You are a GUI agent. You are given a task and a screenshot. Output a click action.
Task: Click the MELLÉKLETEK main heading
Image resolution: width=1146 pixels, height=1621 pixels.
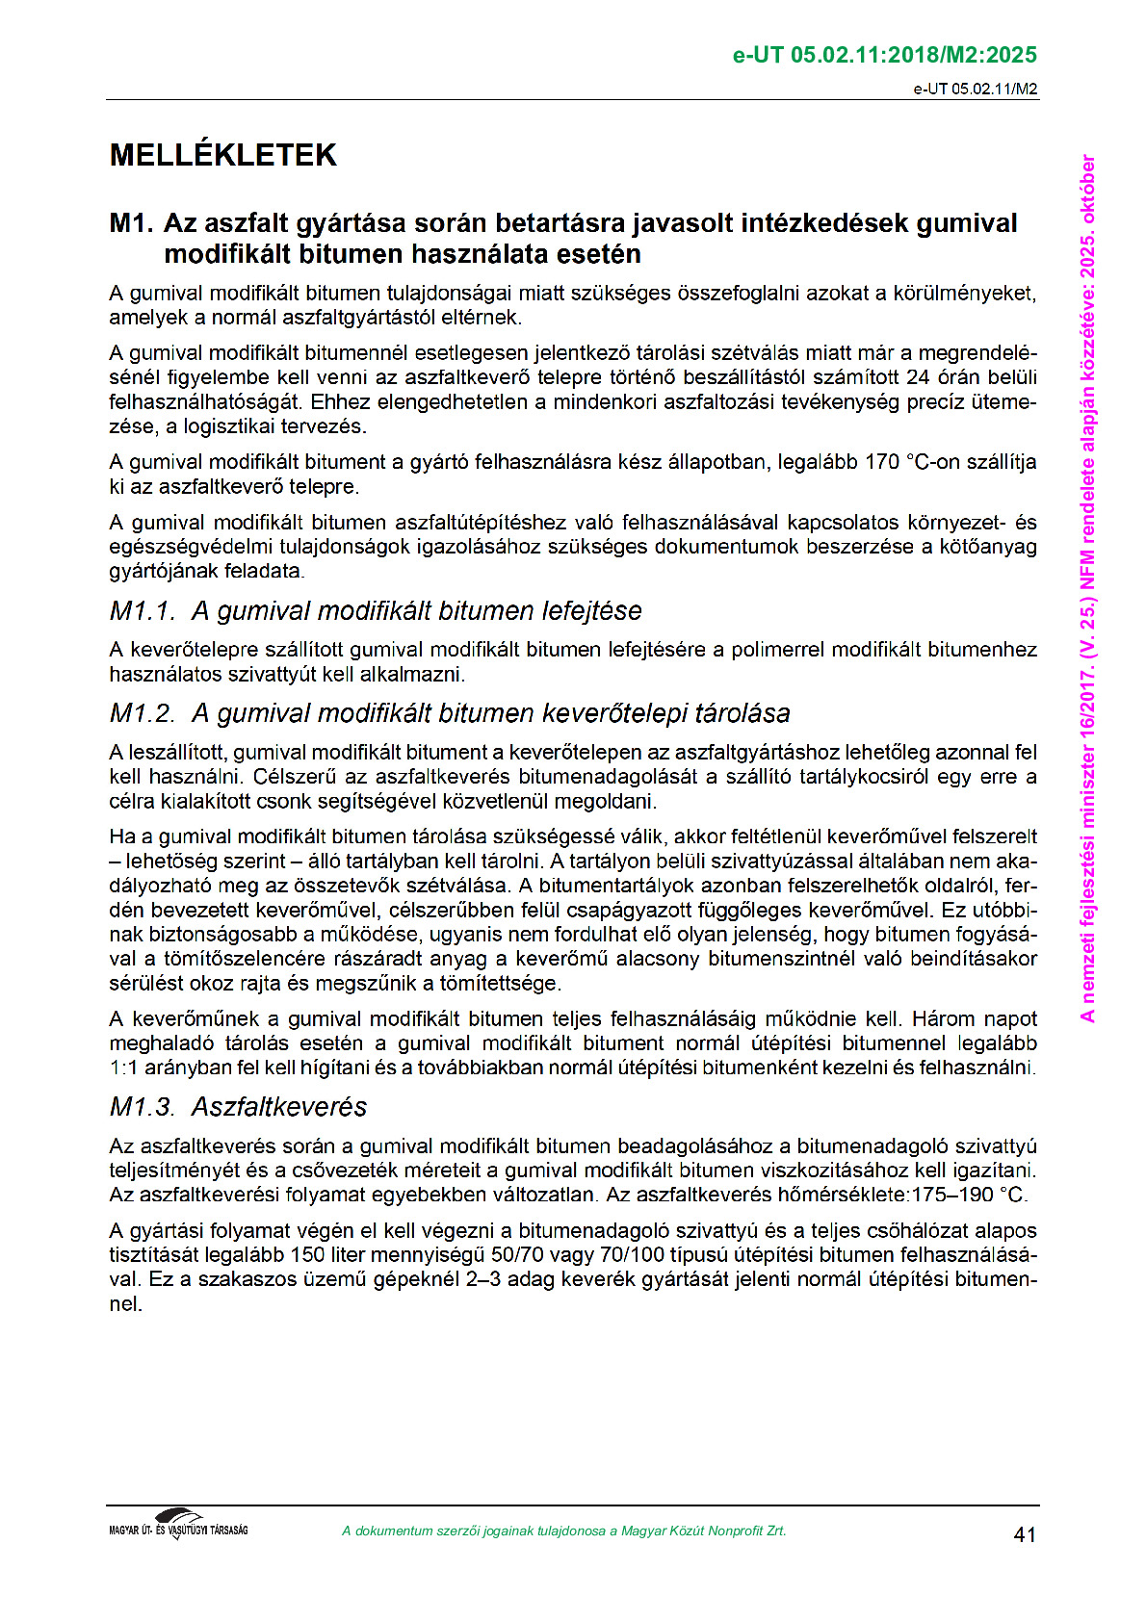[222, 155]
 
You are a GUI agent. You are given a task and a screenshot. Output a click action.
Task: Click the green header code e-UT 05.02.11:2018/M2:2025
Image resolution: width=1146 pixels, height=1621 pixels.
[884, 55]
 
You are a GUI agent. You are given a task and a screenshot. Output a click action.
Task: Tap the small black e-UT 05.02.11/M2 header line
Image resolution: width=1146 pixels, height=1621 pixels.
[975, 89]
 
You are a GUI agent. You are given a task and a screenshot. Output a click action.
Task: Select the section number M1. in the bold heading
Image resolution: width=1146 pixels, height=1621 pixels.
[131, 223]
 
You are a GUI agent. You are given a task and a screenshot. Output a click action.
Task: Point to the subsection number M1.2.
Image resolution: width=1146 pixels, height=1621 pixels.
[143, 713]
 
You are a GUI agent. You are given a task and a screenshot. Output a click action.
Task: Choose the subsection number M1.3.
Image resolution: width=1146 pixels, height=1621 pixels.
[143, 1107]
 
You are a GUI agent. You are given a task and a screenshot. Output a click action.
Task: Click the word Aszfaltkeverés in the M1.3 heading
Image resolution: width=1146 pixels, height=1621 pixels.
[279, 1107]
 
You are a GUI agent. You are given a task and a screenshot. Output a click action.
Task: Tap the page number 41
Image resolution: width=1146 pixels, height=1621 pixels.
[1025, 1534]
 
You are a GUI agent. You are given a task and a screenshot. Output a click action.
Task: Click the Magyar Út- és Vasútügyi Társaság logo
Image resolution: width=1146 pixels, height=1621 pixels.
[178, 1525]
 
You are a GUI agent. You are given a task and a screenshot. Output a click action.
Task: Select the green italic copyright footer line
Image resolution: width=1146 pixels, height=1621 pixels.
[563, 1531]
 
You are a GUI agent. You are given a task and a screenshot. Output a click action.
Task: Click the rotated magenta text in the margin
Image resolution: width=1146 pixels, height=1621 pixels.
[1087, 587]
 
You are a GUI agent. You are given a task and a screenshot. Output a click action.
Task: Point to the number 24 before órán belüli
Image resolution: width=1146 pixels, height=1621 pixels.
[918, 377]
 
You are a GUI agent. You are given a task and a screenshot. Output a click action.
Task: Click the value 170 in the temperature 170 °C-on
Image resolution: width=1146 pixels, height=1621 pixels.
[881, 462]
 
